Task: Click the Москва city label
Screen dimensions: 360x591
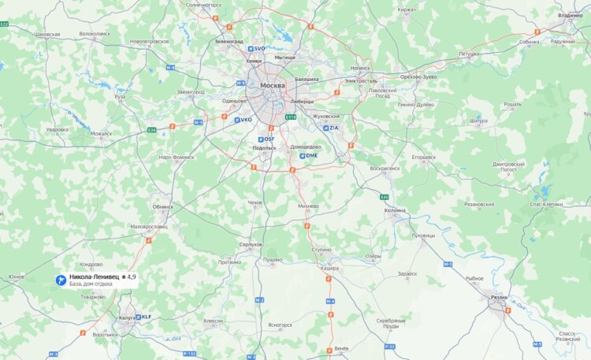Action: tap(272, 86)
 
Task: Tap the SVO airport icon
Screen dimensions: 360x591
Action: tap(250, 49)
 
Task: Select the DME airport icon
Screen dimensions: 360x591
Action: tap(303, 156)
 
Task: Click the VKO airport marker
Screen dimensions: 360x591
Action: tap(237, 120)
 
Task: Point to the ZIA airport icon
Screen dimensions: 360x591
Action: tap(325, 128)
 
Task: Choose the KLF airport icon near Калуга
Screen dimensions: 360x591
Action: tap(138, 317)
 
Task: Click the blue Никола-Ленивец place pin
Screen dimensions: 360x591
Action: tap(61, 280)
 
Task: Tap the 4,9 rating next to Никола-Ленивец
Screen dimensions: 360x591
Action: tap(128, 277)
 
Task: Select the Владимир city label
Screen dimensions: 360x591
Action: tap(570, 16)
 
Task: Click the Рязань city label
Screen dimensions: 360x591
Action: tap(498, 297)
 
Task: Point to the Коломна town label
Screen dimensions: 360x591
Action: tap(395, 210)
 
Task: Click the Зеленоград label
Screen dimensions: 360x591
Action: tap(229, 40)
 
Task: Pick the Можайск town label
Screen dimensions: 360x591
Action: tap(101, 133)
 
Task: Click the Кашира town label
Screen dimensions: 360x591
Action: tap(329, 269)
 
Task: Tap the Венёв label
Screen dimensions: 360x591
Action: tap(340, 347)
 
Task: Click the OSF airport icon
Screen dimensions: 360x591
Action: tap(259, 139)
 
